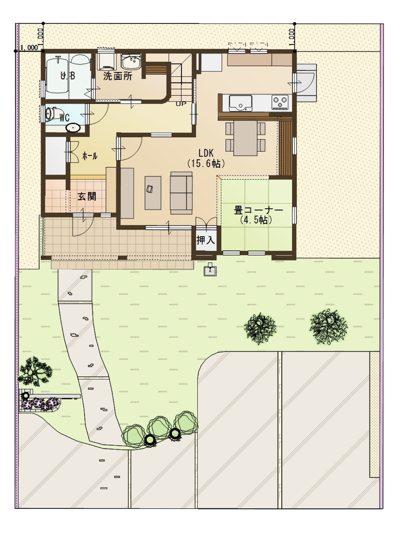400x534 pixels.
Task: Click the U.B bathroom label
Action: click(x=68, y=76)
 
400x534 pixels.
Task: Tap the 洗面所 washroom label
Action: click(x=118, y=76)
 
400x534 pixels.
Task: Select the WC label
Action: click(x=65, y=118)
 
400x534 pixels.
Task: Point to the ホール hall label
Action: click(x=90, y=156)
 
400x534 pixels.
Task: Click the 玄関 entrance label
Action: click(x=87, y=196)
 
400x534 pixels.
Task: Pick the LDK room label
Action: click(x=206, y=153)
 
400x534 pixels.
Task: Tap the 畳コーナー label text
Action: click(x=258, y=210)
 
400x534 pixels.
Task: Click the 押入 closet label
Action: click(x=206, y=240)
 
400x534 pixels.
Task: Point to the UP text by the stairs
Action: click(x=181, y=104)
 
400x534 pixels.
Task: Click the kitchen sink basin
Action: click(x=240, y=103)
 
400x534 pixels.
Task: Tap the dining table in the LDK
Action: click(x=245, y=138)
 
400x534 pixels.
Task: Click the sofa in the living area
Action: click(x=181, y=193)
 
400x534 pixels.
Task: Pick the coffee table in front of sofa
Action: click(x=153, y=193)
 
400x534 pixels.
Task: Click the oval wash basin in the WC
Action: click(x=73, y=128)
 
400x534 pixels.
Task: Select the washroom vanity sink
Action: click(x=131, y=62)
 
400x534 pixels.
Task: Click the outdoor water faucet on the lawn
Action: click(x=210, y=269)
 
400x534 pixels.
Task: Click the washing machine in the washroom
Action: click(x=106, y=60)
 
